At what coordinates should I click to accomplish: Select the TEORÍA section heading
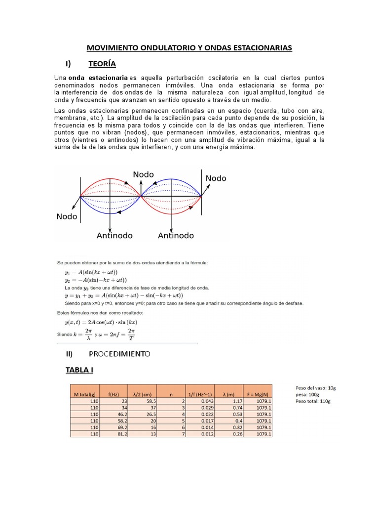(102, 64)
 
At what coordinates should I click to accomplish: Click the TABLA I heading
(79, 370)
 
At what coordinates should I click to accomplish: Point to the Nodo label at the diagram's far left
(67, 216)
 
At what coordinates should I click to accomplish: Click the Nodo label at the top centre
(144, 174)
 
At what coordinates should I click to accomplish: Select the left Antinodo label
(114, 236)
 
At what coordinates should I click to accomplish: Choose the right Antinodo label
(176, 236)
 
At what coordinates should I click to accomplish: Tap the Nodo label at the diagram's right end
(216, 178)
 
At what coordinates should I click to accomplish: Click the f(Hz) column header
(114, 394)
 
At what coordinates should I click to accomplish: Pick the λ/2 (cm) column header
(142, 394)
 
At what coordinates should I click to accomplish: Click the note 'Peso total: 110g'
(313, 401)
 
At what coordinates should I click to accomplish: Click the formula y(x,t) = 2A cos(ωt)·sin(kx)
(97, 322)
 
